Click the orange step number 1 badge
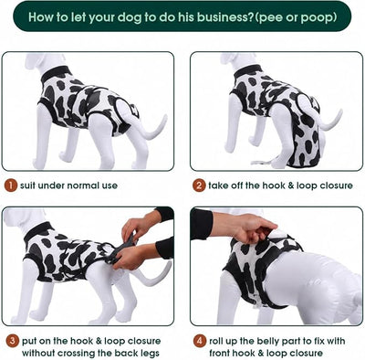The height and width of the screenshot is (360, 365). (11, 185)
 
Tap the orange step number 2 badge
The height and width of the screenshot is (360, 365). (199, 185)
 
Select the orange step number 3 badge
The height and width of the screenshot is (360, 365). (12, 341)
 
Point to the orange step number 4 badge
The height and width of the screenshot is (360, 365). (199, 341)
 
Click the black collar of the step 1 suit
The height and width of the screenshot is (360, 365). (57, 74)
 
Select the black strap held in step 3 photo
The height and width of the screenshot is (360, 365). (121, 249)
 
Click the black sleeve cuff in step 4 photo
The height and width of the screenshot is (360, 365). (202, 224)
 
